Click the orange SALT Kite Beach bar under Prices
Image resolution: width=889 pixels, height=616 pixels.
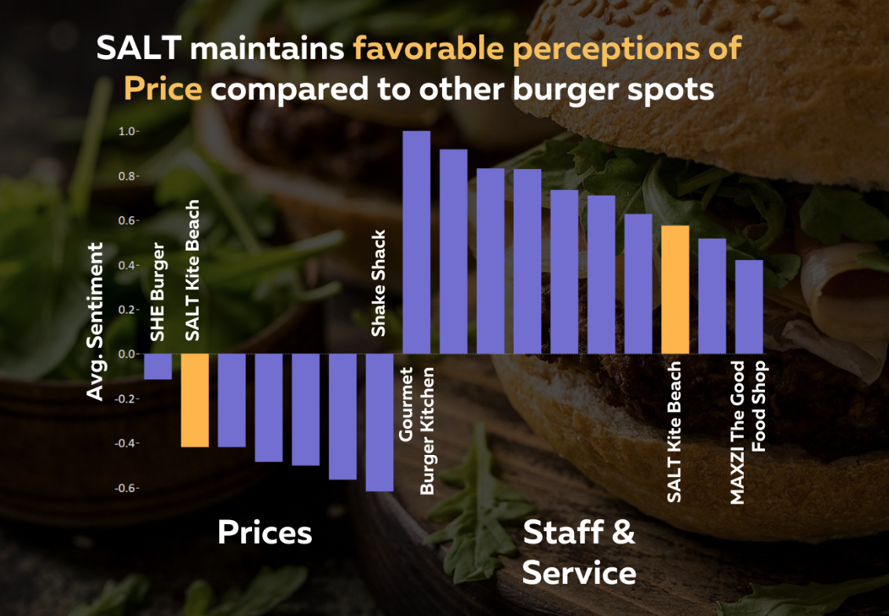pos(195,400)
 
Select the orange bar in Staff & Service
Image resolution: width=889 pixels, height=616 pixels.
pos(675,289)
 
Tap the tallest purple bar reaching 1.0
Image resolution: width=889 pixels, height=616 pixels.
pos(416,242)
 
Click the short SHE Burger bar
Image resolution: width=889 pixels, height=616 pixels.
pos(158,366)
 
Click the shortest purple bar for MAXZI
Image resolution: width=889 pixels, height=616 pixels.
pos(749,306)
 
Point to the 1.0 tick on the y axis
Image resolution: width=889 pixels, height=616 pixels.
pos(127,131)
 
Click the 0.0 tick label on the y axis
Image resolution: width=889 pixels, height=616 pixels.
pos(127,354)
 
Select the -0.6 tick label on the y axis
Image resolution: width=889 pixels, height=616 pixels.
pos(126,488)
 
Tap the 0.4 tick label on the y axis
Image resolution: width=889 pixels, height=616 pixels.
pos(127,265)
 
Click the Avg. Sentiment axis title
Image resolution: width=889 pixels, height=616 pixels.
pos(95,321)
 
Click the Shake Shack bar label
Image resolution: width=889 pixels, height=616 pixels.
pos(379,283)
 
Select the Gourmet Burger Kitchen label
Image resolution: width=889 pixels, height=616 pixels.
pos(417,430)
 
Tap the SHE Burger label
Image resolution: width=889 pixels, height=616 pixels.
pos(158,292)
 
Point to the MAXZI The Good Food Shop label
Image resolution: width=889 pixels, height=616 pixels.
pos(748,432)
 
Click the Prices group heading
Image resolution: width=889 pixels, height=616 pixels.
pos(265,533)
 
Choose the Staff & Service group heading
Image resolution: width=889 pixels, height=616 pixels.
pos(579,552)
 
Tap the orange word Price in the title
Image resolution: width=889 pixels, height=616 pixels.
pos(163,88)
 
